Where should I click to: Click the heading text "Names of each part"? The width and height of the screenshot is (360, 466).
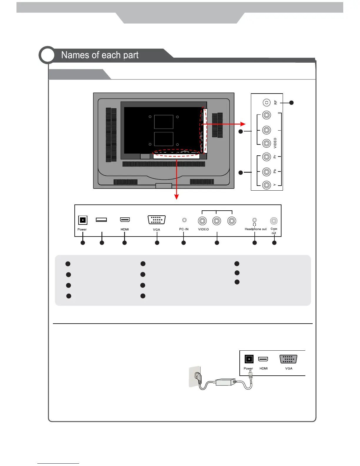point(100,55)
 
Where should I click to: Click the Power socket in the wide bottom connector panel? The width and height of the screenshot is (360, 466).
point(83,220)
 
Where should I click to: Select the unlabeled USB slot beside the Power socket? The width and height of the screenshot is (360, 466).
point(101,220)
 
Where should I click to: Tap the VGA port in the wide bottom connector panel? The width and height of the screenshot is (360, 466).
point(156,220)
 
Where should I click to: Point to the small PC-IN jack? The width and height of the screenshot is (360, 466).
point(184,220)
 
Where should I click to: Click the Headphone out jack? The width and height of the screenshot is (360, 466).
point(255,220)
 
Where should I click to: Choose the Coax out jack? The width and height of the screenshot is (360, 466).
point(274,221)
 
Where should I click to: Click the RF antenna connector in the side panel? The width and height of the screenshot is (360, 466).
point(266,102)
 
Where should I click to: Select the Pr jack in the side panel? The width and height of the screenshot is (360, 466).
point(266,157)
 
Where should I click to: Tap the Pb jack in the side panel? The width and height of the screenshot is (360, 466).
point(266,172)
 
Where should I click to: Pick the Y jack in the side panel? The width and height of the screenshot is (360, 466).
point(266,185)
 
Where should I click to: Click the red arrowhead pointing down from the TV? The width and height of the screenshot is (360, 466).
point(176,197)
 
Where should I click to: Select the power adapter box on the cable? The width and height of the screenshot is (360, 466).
point(225,382)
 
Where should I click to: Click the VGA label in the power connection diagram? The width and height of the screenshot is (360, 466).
point(289,368)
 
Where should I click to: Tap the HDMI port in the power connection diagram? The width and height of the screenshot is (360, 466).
point(263,359)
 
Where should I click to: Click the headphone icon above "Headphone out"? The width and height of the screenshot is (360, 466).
point(254,224)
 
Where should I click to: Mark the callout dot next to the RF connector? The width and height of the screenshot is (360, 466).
point(291,103)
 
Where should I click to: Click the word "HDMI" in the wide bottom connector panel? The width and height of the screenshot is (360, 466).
point(125,229)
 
